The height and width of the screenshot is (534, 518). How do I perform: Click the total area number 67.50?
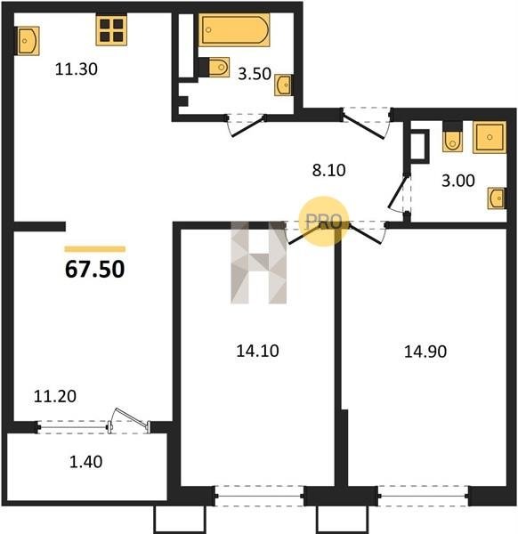click(x=94, y=269)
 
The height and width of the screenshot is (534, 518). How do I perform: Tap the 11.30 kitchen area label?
click(x=77, y=69)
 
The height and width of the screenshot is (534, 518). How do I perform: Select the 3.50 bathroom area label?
click(x=254, y=74)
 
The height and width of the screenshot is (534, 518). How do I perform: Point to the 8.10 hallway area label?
click(x=329, y=170)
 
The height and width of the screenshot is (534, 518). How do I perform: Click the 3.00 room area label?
click(x=458, y=181)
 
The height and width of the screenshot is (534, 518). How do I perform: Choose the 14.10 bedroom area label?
click(x=257, y=351)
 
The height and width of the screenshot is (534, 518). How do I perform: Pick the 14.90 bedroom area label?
click(x=425, y=352)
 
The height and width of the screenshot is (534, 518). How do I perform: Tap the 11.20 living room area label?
click(x=55, y=396)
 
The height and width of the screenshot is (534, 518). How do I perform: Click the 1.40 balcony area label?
click(x=85, y=462)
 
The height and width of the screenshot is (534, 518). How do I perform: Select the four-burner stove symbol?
click(x=111, y=30)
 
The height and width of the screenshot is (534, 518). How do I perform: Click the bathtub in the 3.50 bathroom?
click(x=234, y=30)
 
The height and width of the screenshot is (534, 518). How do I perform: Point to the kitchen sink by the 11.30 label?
click(x=28, y=41)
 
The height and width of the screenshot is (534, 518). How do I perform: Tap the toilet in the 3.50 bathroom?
click(x=218, y=67)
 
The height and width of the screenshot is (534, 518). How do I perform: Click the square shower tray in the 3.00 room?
click(x=490, y=137)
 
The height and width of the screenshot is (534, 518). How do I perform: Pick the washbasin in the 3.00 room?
click(x=497, y=198)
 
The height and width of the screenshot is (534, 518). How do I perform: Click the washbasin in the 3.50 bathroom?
click(x=283, y=85)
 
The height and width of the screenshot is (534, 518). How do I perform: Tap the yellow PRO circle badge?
click(x=324, y=221)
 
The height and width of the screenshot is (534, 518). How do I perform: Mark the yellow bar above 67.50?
click(x=95, y=249)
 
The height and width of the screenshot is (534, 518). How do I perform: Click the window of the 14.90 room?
click(x=424, y=497)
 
